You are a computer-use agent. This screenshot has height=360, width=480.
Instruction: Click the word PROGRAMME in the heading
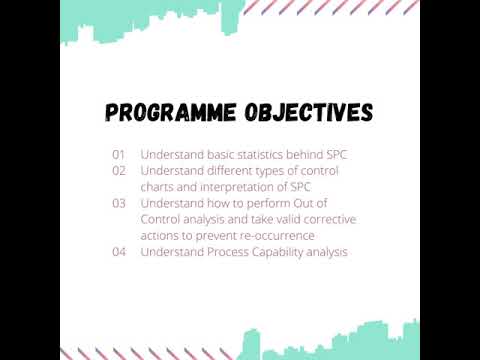[x=169, y=110]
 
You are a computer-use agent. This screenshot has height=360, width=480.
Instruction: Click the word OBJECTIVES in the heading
[x=308, y=110]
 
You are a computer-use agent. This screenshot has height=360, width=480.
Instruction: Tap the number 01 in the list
[x=118, y=155]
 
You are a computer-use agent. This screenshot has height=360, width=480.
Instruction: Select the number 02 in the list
[x=118, y=170]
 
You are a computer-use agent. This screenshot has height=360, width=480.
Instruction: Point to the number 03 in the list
[x=118, y=203]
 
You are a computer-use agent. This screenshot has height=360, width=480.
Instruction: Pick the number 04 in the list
[x=118, y=252]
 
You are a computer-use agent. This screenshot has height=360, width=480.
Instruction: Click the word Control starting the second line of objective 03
[x=162, y=219]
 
